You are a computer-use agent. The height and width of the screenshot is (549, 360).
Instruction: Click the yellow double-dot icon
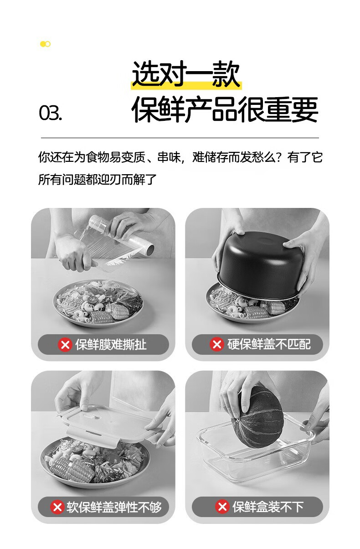pyautogui.click(x=45, y=44)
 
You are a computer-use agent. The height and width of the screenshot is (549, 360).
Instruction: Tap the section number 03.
pyautogui.click(x=51, y=113)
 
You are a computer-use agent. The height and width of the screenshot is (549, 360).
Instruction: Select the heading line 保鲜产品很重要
pyautogui.click(x=225, y=109)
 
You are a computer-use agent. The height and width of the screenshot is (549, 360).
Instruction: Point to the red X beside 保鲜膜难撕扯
pyautogui.click(x=65, y=345)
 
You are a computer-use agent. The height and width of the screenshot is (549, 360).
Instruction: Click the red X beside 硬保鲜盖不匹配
pyautogui.click(x=217, y=344)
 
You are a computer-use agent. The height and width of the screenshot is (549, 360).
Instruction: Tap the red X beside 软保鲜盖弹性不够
pyautogui.click(x=57, y=507)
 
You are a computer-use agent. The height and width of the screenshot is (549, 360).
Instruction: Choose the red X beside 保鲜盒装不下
pyautogui.click(x=222, y=507)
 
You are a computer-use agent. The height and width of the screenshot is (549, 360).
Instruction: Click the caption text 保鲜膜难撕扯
pyautogui.click(x=111, y=345)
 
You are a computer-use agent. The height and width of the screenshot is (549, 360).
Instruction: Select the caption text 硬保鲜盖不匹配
pyautogui.click(x=269, y=344)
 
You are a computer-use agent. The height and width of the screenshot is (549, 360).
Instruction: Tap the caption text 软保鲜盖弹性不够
pyautogui.click(x=114, y=507)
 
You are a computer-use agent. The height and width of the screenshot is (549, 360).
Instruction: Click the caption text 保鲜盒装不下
pyautogui.click(x=268, y=507)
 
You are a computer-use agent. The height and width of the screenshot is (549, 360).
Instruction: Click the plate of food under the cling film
pyautogui.click(x=98, y=303)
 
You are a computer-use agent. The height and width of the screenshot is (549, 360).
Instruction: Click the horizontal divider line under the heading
pyautogui.click(x=180, y=138)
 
